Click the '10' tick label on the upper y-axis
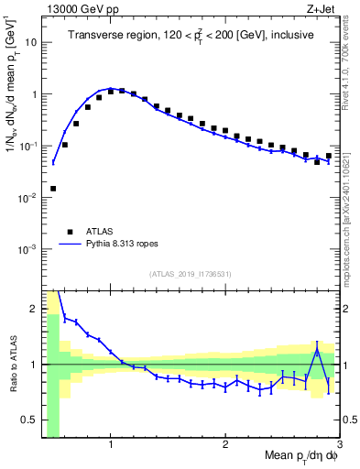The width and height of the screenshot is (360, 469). tap(32, 42)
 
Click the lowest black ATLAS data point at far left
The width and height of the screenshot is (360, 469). tap(53, 189)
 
